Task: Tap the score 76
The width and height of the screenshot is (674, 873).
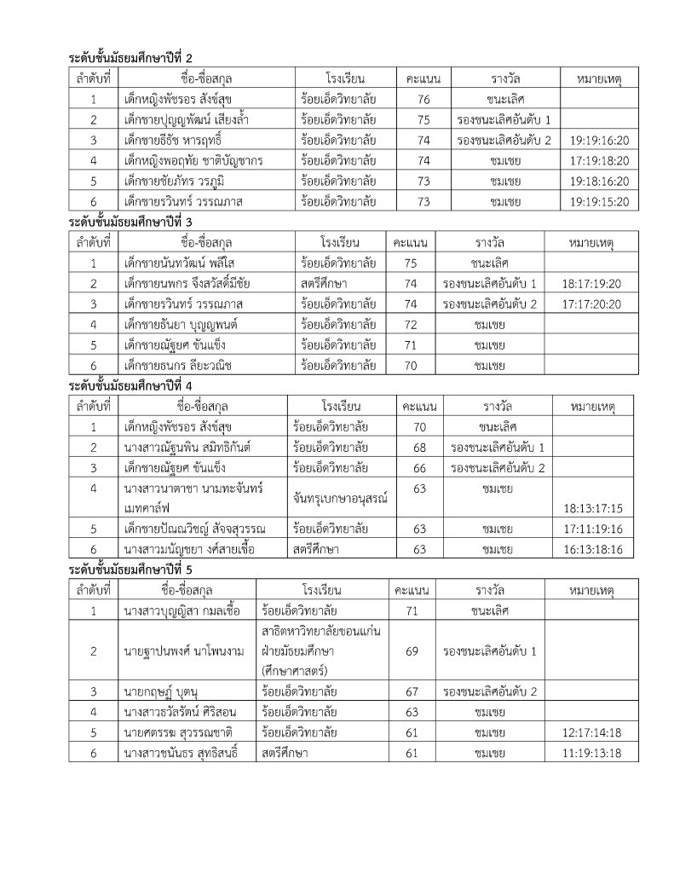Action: click(423, 99)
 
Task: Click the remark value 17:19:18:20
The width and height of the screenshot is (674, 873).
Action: click(601, 160)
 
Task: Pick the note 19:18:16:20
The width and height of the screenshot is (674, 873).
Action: click(601, 181)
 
